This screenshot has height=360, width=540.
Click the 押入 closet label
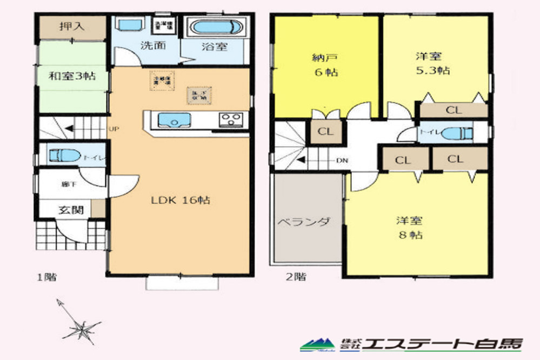click(71, 27)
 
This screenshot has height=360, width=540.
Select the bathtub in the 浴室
click(214, 27)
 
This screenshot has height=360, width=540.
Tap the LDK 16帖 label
click(181, 201)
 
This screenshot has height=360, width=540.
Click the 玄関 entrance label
click(71, 210)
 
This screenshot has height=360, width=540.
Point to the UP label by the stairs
click(114, 129)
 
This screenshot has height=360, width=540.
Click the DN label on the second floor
click(342, 161)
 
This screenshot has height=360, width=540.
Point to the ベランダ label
click(304, 222)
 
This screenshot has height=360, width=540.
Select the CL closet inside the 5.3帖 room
click(454, 110)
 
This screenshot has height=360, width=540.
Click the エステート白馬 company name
click(443, 343)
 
